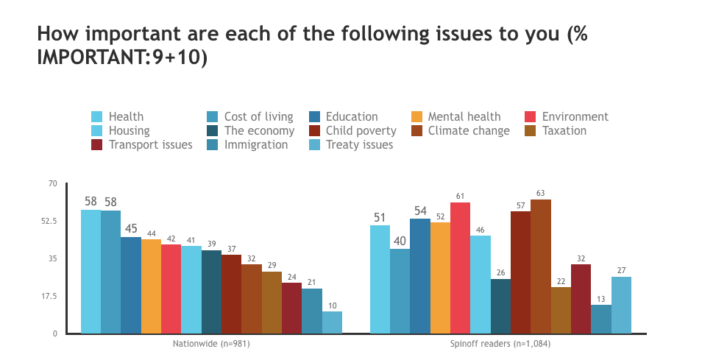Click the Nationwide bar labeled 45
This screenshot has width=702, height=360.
coord(131,285)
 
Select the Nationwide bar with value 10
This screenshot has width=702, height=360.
coord(332,322)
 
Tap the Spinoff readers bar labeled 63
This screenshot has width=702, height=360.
coord(541,267)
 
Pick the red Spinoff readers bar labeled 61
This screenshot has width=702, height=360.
coord(461,268)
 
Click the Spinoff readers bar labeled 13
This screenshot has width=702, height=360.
coord(601,319)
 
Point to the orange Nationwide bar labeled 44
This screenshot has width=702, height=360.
coord(151,286)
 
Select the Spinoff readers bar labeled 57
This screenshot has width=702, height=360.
coord(520,272)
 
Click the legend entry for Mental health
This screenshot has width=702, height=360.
coord(464,116)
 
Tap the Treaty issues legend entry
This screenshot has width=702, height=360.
coord(359,144)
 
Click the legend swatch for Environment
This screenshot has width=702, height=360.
coord(531,116)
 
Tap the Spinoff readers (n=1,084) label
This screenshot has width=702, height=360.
coord(500,343)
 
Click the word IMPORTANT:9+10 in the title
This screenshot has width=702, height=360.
coord(118,57)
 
